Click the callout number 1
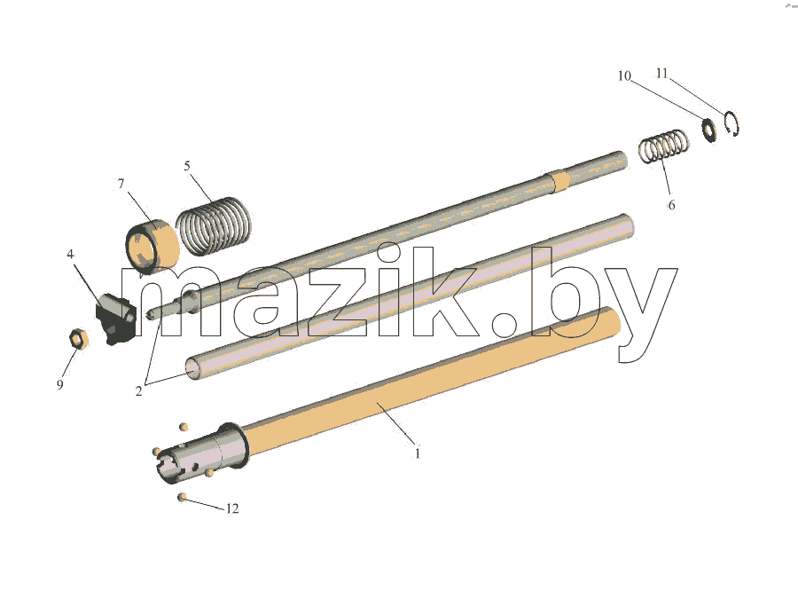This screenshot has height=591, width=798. click(x=418, y=453)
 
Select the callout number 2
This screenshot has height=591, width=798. click(x=138, y=390)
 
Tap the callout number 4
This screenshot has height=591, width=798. click(x=70, y=254)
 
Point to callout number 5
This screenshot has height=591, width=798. click(x=187, y=166)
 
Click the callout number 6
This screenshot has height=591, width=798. click(x=671, y=205)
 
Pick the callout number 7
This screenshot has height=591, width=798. click(x=121, y=184)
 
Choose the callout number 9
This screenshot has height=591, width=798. click(x=60, y=384)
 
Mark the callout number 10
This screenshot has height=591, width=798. click(x=624, y=76)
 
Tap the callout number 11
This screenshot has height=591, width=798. click(x=661, y=74)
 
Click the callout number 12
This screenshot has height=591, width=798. click(x=232, y=508)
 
